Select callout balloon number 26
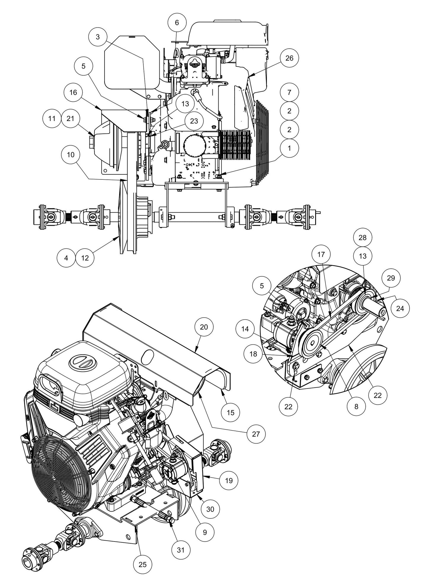point(289,58)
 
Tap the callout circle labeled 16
point(73,93)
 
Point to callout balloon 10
point(71,155)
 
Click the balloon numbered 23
point(194,121)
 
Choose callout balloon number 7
point(289,92)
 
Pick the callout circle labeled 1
point(289,147)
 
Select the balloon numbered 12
point(85,258)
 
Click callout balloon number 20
point(204,327)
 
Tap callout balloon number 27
point(256,434)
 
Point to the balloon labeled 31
point(181,550)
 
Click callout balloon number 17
point(321,254)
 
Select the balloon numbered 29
point(391,278)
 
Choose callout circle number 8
point(356,406)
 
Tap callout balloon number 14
point(245,329)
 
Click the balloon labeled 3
point(98,37)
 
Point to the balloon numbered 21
point(70,118)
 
